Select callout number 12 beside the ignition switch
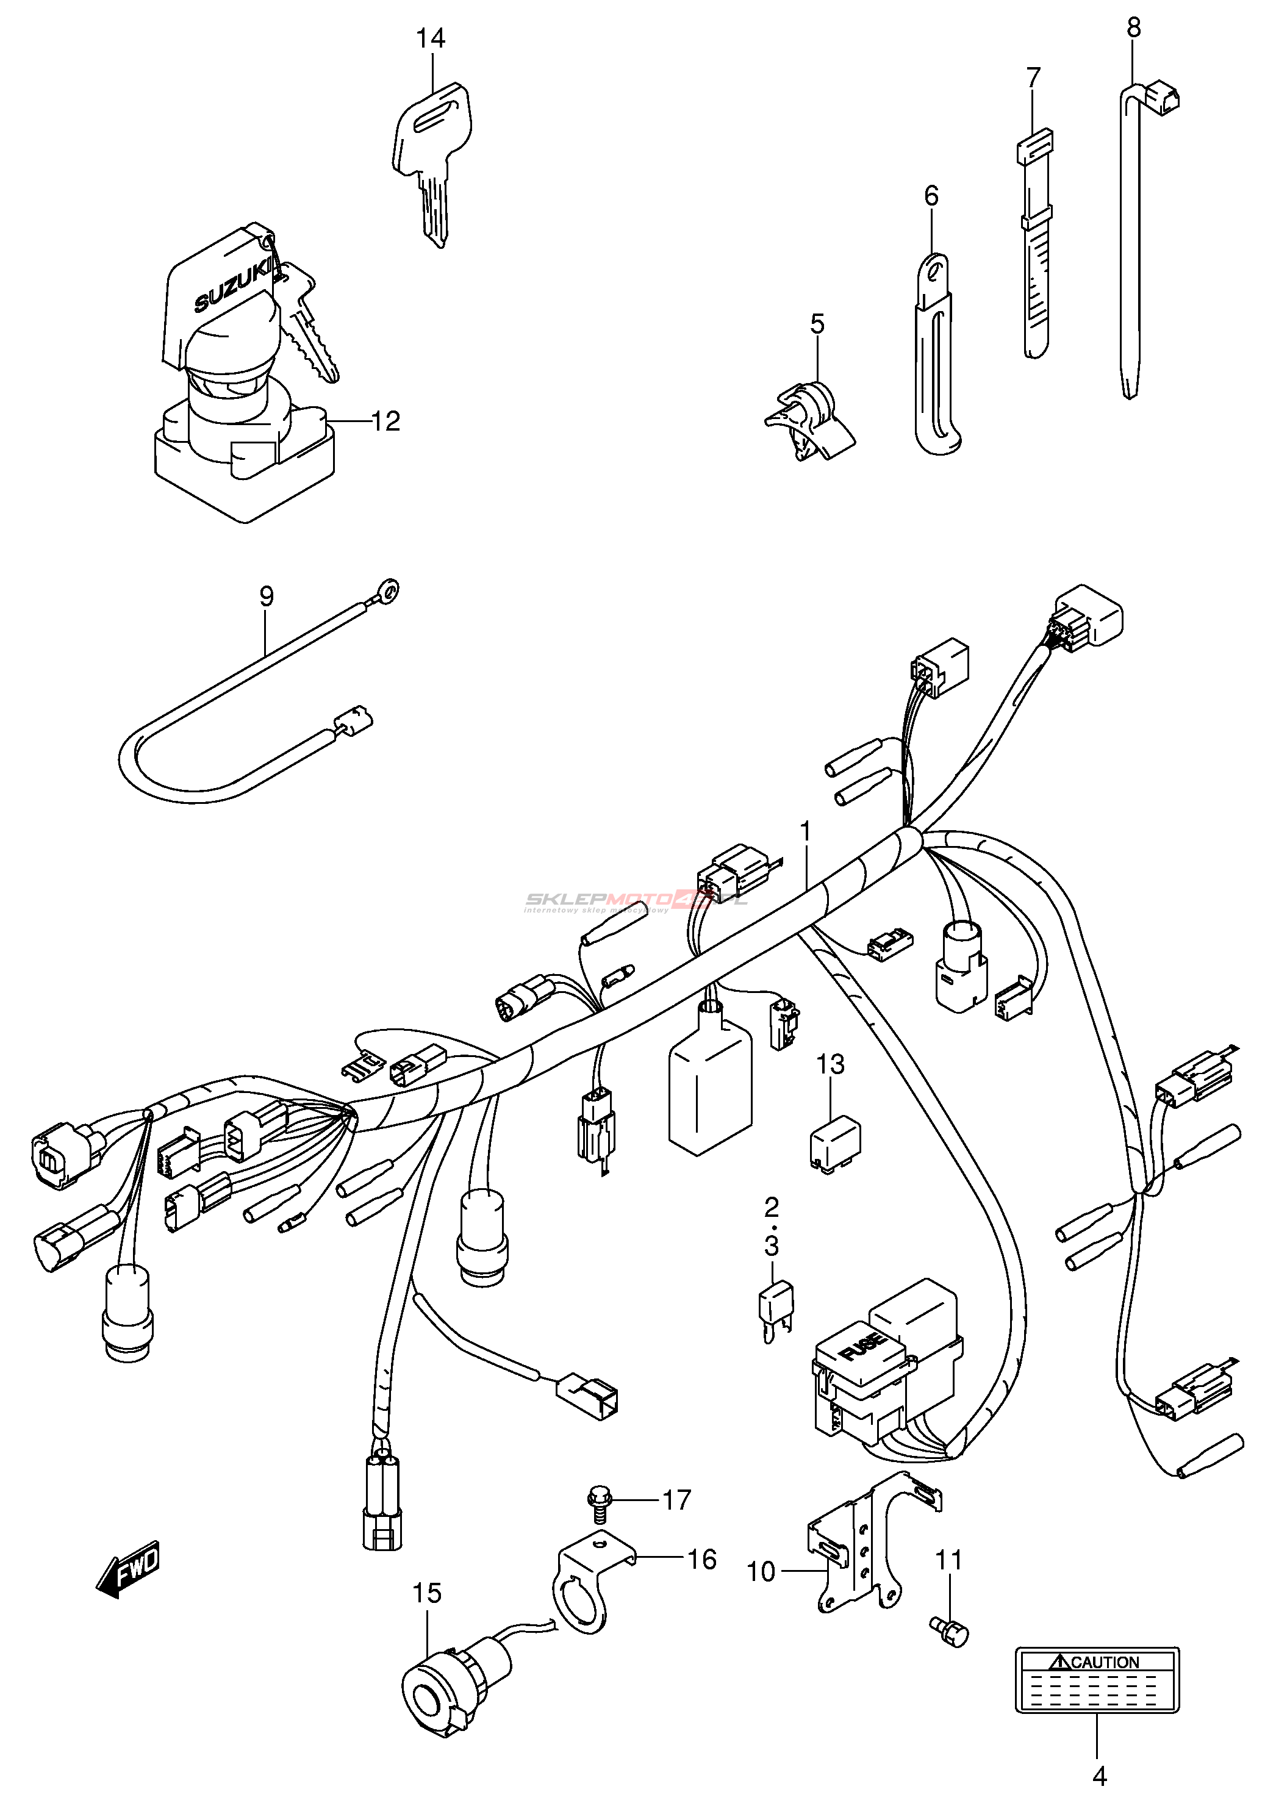point(385,422)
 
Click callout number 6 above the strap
point(931,196)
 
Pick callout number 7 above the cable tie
point(1033,78)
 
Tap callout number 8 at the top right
point(1133,28)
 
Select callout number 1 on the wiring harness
point(805,830)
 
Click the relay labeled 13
point(835,1141)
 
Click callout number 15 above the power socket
point(428,1593)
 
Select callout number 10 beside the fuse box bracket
point(761,1571)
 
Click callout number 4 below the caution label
point(1099,1776)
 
